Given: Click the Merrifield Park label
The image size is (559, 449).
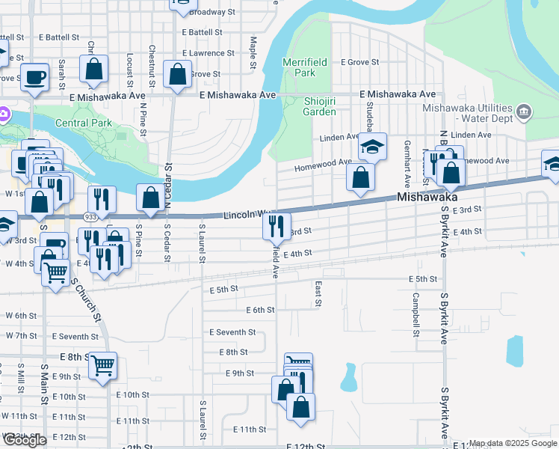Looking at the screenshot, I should point(299,67).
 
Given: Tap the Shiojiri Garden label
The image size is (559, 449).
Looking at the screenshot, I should point(319,106).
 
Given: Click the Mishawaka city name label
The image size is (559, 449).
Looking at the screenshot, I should point(427,197).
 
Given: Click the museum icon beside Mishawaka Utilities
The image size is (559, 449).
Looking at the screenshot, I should point(524,113).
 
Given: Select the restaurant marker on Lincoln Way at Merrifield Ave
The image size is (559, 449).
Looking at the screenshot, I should point(277,224).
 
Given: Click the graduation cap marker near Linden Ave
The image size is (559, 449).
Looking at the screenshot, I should point(371,147).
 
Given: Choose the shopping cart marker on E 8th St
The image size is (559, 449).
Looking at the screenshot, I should point(103,366).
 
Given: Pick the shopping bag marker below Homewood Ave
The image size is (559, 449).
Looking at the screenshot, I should point(360,179).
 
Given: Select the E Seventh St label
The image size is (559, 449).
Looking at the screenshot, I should point(232,332).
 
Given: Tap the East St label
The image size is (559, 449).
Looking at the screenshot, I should point(318,294).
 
